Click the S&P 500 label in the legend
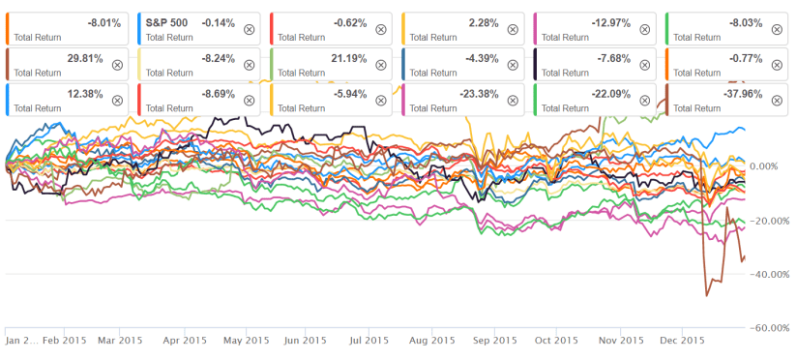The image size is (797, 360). [x=163, y=19]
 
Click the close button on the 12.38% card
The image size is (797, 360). [x=117, y=100]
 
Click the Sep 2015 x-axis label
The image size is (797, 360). [x=494, y=341]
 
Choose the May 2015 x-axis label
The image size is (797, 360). [x=246, y=341]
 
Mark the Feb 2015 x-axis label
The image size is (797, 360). [x=65, y=341]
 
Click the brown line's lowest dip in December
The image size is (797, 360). [x=706, y=294]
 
